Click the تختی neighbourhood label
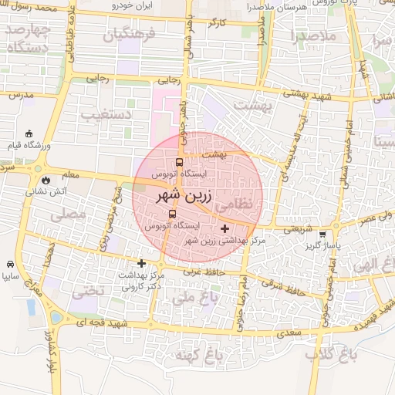(x=86, y=292)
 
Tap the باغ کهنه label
(x=195, y=356)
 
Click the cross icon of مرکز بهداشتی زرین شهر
(x=225, y=228)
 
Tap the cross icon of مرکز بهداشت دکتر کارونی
(x=141, y=263)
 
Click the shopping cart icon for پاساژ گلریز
(x=322, y=235)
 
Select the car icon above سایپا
(x=9, y=263)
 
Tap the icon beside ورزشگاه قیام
(x=29, y=134)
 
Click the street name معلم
(x=69, y=174)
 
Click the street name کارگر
(x=218, y=24)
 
